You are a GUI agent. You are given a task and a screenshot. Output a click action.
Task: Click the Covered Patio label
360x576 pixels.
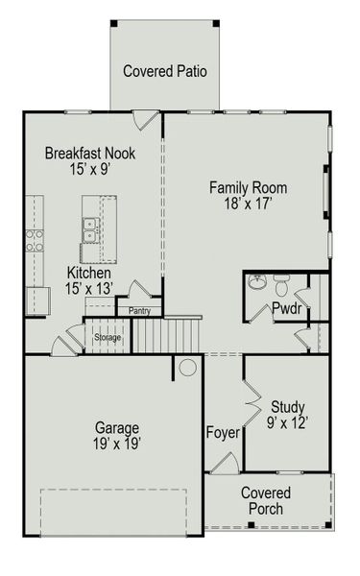pos(165,71)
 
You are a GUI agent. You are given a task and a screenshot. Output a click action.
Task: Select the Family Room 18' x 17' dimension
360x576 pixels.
pos(249,204)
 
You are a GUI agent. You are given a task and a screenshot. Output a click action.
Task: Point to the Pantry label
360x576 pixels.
pos(139,310)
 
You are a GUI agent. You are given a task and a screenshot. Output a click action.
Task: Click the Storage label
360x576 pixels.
pos(108,337)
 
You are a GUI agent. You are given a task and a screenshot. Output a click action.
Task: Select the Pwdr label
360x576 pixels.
pos(286,309)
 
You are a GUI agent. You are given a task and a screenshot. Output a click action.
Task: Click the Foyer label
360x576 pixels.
pos(222,432)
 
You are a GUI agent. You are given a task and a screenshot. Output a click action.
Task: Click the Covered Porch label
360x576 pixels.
pos(266,500)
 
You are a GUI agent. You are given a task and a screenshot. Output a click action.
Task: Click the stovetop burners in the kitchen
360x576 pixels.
pos(34,240)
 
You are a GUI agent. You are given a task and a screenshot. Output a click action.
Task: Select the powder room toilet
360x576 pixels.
pos(281,285)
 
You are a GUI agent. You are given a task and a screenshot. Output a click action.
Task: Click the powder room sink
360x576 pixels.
pos(255,282)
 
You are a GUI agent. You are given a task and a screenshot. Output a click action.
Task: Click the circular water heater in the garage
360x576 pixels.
pos(188,367)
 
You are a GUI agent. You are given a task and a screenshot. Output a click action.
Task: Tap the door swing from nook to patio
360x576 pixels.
pos(147,121)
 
